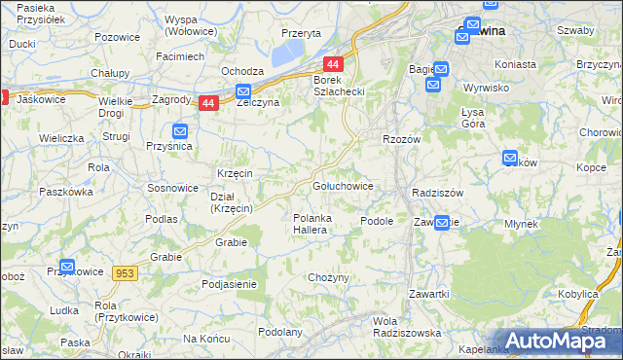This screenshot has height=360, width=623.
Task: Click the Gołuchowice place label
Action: click(341, 185)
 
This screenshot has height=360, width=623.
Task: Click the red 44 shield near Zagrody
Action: click(207, 102)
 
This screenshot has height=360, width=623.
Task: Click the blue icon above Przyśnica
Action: click(180, 130)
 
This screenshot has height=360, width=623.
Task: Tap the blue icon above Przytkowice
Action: click(67, 266)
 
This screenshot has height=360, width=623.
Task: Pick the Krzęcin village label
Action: click(236, 173)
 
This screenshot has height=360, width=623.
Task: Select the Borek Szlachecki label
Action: click(338, 85)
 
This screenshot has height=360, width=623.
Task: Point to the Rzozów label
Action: click(400, 139)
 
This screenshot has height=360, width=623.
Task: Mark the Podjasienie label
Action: click(229, 284)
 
